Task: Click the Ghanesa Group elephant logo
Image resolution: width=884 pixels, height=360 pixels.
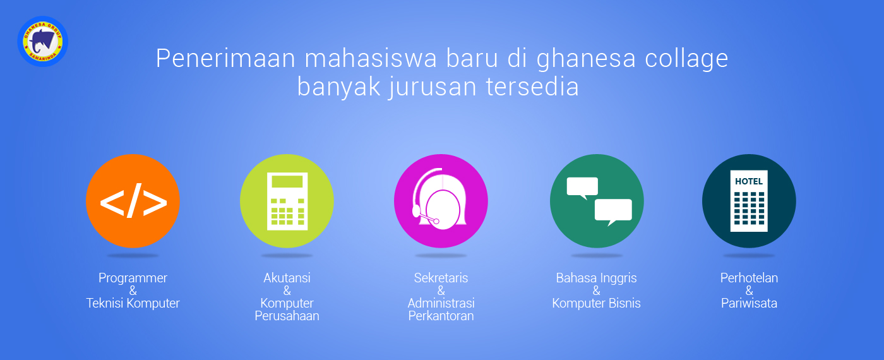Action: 43,42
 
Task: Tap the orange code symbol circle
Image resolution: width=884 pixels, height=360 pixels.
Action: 133,201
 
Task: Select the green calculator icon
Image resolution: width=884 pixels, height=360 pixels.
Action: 287,201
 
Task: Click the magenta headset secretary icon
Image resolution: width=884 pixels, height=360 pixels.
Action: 441,201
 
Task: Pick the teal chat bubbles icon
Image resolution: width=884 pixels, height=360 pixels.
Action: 597,201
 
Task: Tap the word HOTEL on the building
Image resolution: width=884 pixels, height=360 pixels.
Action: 749,182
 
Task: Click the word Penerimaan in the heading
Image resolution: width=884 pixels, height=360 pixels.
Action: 226,58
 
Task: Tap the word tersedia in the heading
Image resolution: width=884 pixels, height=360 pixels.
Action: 532,87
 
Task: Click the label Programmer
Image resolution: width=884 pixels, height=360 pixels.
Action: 133,279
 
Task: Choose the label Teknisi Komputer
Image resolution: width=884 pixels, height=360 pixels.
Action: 133,303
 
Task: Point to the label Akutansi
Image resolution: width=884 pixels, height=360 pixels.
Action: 287,278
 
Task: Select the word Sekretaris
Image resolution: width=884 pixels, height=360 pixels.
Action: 441,278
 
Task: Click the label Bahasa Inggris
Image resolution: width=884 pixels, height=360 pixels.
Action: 596,279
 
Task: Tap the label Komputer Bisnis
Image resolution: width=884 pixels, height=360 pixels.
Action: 596,303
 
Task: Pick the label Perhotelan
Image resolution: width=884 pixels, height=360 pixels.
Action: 749,278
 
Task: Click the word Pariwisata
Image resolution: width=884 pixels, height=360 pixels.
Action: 749,303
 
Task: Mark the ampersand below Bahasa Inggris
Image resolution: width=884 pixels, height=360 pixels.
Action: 596,291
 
